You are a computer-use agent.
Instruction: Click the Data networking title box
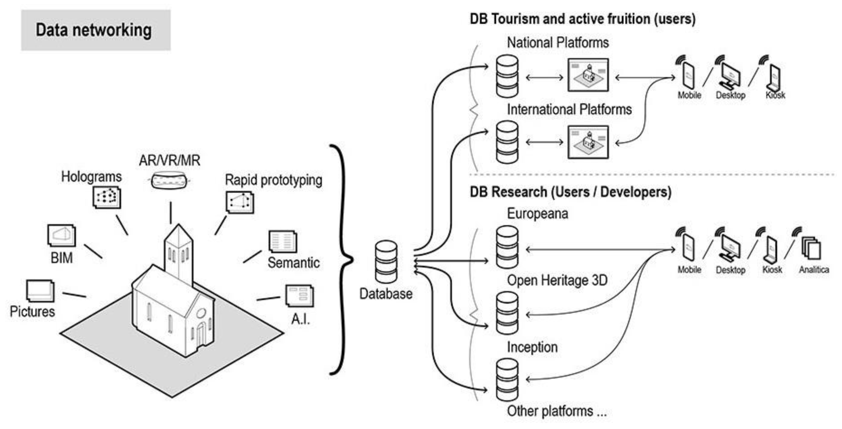pyautogui.click(x=96, y=30)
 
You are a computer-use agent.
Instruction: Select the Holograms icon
pyautogui.click(x=107, y=197)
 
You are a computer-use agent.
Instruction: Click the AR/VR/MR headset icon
pyautogui.click(x=169, y=180)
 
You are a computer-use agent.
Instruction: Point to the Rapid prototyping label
pyautogui.click(x=273, y=180)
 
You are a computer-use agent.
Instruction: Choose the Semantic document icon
pyautogui.click(x=282, y=242)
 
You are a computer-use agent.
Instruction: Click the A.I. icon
pyautogui.click(x=299, y=296)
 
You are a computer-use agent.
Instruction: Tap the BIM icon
pyautogui.click(x=61, y=235)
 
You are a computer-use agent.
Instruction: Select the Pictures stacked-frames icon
pyautogui.click(x=40, y=291)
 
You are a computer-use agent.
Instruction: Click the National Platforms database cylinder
pyautogui.click(x=507, y=76)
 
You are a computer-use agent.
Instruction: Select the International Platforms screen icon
pyautogui.click(x=588, y=142)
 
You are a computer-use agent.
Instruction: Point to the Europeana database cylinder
pyautogui.click(x=507, y=247)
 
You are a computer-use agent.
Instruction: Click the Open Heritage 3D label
pyautogui.click(x=557, y=280)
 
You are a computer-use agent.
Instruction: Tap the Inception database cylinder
pyautogui.click(x=507, y=313)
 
